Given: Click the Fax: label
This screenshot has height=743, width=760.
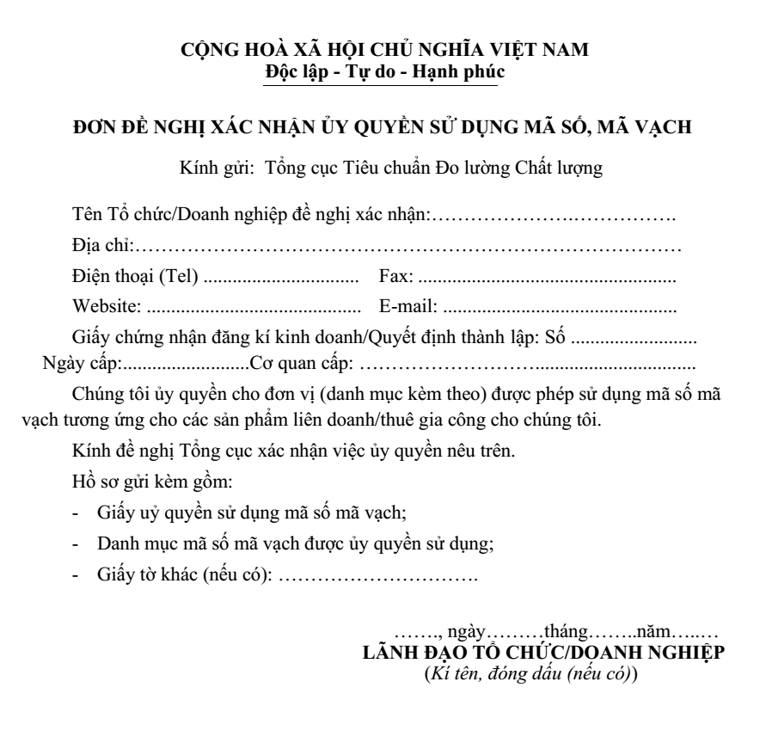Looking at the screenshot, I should pos(396,277).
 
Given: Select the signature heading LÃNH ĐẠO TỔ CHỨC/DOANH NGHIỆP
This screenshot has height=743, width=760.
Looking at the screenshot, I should pos(546,653).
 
